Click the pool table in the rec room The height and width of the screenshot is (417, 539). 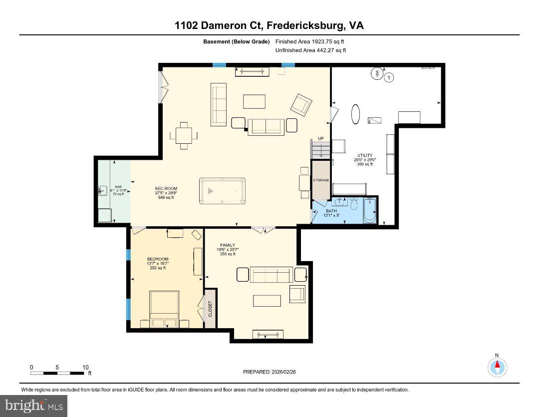(x=222, y=191)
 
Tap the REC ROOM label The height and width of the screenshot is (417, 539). (x=166, y=189)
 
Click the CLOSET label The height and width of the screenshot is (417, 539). (x=210, y=308)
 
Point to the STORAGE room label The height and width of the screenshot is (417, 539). (x=320, y=180)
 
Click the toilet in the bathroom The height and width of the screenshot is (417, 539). (x=354, y=205)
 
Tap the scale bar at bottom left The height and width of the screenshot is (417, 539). (x=57, y=373)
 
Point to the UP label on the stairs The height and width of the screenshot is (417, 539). (x=321, y=138)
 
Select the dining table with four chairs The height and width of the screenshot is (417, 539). (x=184, y=135)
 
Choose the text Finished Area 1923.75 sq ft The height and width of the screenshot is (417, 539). (x=310, y=41)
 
